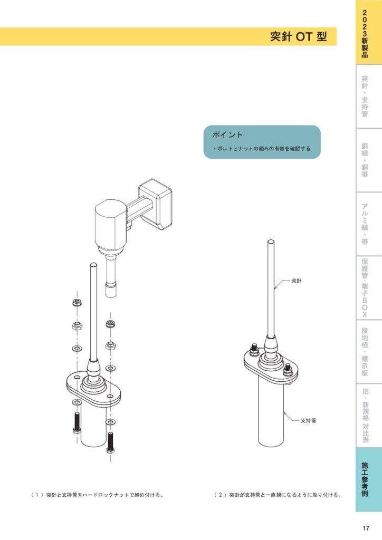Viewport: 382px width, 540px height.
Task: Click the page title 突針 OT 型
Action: click(x=298, y=37)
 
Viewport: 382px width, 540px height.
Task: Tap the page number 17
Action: click(x=366, y=528)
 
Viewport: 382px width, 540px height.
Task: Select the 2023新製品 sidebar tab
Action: click(x=365, y=33)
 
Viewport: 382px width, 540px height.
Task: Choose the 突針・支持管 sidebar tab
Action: click(x=365, y=97)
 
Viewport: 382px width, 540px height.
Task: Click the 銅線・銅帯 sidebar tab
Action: click(x=365, y=160)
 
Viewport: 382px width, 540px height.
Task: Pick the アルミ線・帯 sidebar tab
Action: click(x=365, y=224)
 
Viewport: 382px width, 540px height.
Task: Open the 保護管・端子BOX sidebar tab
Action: click(x=365, y=287)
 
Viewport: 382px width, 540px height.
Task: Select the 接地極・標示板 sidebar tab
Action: click(x=365, y=351)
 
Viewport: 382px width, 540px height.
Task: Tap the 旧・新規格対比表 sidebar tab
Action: click(x=365, y=415)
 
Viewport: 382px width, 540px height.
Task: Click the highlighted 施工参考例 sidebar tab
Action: click(x=365, y=479)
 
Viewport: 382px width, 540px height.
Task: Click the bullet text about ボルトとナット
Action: click(x=262, y=149)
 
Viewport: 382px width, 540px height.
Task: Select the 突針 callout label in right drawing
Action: click(x=296, y=281)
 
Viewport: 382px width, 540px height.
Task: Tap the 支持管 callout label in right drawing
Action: click(x=308, y=420)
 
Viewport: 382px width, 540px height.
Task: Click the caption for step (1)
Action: click(x=97, y=495)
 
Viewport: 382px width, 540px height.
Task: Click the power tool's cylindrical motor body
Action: click(x=110, y=224)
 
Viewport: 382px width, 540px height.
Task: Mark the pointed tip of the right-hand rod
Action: click(x=271, y=241)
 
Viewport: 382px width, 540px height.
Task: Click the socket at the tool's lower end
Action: click(x=111, y=290)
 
